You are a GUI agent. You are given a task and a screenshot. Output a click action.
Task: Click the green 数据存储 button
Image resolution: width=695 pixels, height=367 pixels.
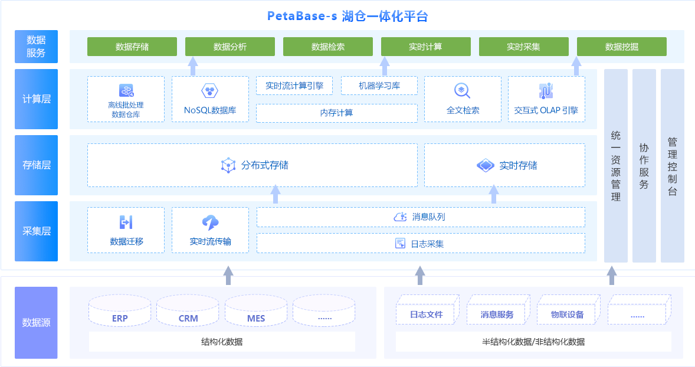click(x=132, y=47)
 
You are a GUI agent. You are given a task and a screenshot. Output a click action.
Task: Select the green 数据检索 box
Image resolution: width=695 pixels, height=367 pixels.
click(x=328, y=47)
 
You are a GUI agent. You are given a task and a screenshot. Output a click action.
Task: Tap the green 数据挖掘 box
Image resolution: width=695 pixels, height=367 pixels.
click(x=622, y=47)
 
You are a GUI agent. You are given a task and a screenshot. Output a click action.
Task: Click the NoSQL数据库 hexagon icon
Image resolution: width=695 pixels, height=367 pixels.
click(x=210, y=91)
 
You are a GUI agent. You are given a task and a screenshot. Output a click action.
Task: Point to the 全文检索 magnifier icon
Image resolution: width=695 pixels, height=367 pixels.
click(x=462, y=91)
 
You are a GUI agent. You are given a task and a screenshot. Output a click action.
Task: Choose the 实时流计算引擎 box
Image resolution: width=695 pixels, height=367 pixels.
click(x=294, y=86)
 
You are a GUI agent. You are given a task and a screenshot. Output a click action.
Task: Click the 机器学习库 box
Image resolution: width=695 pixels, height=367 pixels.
click(x=379, y=86)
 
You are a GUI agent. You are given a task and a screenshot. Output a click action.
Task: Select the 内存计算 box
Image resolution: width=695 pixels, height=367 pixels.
click(x=337, y=113)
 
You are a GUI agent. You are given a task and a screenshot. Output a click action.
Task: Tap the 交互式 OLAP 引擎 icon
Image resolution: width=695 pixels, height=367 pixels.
click(x=546, y=91)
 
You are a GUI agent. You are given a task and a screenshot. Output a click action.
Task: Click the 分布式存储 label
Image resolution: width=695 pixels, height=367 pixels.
click(x=265, y=165)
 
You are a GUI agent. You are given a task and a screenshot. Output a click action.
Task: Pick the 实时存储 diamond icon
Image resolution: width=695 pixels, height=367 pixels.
click(x=485, y=165)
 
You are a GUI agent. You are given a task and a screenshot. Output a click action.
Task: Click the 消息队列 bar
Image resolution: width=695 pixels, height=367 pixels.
click(x=421, y=217)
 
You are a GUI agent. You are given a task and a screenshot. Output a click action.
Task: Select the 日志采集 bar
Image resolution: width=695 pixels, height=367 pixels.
click(x=421, y=243)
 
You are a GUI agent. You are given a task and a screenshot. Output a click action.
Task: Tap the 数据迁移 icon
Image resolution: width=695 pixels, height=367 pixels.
click(x=126, y=222)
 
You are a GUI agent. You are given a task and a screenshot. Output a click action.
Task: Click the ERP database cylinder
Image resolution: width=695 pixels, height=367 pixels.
click(x=120, y=311)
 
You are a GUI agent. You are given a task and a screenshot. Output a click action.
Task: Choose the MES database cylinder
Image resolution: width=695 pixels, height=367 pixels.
click(x=256, y=311)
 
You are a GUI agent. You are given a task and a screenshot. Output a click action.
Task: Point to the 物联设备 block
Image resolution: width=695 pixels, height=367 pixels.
click(x=568, y=311)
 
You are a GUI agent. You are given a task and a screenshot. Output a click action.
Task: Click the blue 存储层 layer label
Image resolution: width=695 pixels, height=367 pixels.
click(x=37, y=165)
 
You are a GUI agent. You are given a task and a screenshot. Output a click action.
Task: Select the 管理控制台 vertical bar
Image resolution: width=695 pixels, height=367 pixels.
click(x=672, y=166)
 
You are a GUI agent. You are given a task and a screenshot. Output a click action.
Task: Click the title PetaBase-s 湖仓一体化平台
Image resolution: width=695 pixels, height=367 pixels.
click(x=347, y=16)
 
